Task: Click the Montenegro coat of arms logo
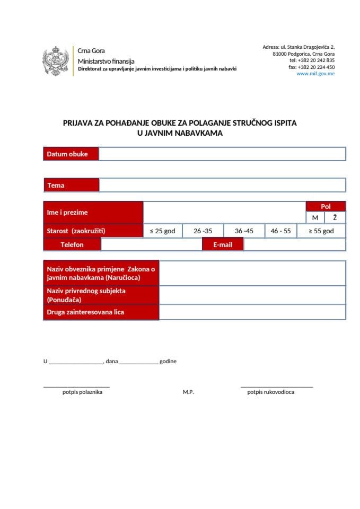56,61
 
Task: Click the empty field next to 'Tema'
222,185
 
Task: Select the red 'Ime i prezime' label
93,213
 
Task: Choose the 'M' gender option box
315,217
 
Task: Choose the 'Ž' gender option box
335,217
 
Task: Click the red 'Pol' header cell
326,206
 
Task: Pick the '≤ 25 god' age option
162,231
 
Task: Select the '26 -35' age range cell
203,231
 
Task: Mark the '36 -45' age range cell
244,231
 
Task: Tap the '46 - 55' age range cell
280,231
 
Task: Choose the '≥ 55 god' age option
321,231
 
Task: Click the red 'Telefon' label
72,245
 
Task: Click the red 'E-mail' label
223,245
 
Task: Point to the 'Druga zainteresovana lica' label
85,312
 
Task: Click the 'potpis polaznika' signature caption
82,392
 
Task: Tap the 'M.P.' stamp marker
188,392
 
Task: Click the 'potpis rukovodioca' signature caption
270,392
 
